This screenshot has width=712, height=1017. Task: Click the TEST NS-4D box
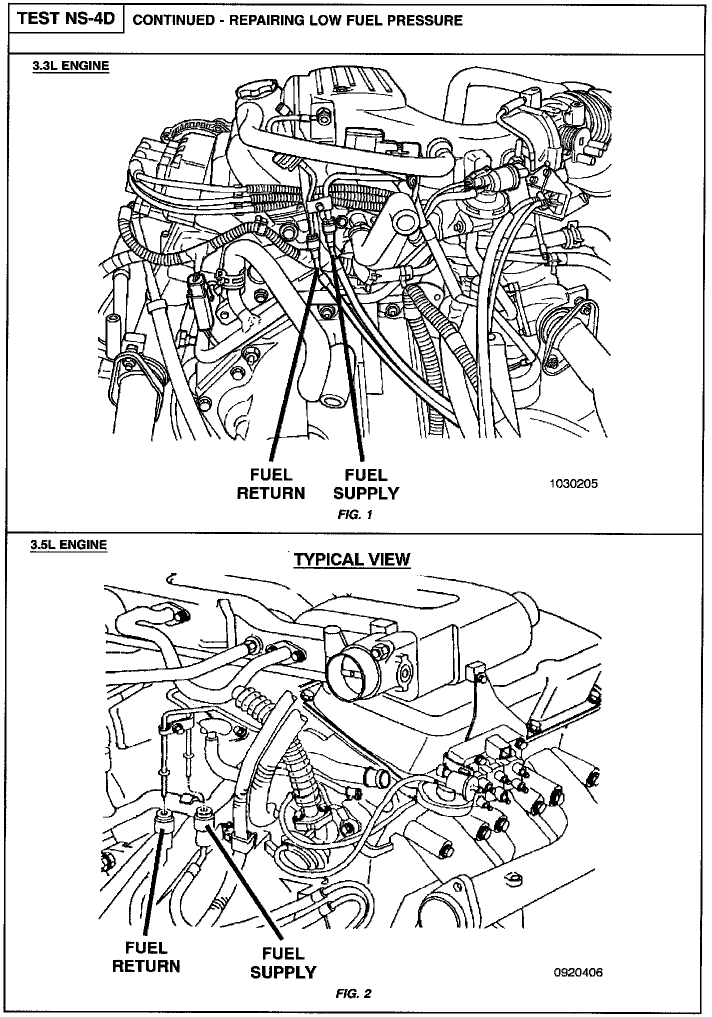(66, 19)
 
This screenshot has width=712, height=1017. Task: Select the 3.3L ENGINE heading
(70, 66)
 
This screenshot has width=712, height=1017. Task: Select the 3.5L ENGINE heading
(68, 544)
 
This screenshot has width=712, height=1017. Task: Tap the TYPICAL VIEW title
(351, 559)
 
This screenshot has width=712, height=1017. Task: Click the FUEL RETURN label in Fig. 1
(270, 483)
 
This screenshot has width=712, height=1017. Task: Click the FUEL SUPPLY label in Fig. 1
(366, 483)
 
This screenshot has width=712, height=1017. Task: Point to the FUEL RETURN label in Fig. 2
(145, 956)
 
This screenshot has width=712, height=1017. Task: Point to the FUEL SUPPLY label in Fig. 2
(283, 962)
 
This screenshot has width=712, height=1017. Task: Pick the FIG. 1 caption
(355, 514)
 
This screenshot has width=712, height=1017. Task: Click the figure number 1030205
(573, 483)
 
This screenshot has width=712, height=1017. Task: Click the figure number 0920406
(578, 972)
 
